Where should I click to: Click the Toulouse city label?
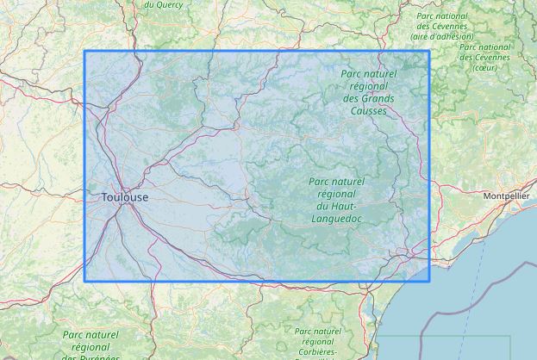coord(125,197)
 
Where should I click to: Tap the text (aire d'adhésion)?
coord(442,37)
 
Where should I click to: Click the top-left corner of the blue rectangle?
coord(84,52)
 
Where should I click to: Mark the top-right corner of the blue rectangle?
coord(429,52)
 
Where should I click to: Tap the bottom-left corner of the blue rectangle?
coord(84,281)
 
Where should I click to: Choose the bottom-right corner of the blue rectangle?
coord(429,281)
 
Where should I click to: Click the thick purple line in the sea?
coord(440,310)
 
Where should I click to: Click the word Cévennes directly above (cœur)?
coord(490,57)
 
